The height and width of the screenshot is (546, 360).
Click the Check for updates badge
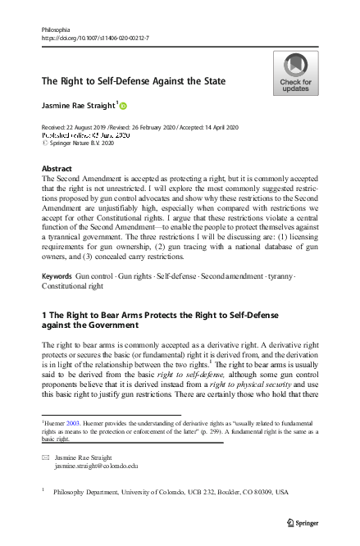point(295,74)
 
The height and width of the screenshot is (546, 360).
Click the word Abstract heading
point(57,168)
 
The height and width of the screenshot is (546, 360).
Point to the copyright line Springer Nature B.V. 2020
point(83,143)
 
